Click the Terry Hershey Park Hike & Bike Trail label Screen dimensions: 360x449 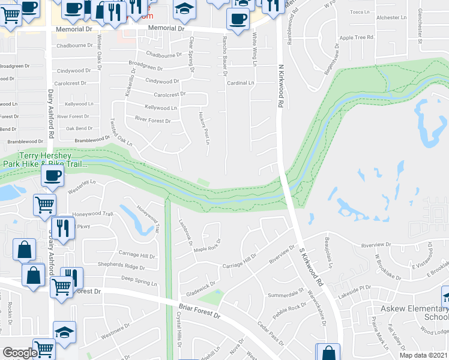pos(43,158)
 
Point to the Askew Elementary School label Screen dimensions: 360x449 pos(415,313)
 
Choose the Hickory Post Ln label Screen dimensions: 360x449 pos(203,127)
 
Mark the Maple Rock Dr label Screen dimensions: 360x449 pos(207,245)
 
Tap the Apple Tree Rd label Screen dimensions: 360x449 pos(352,37)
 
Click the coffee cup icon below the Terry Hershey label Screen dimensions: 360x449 pos(52,176)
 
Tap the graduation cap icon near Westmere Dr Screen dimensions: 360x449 pos(64,331)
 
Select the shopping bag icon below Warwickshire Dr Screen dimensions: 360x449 pos(328,352)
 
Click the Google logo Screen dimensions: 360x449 pos(19,353)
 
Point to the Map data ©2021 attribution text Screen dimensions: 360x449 pos(423,355)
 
